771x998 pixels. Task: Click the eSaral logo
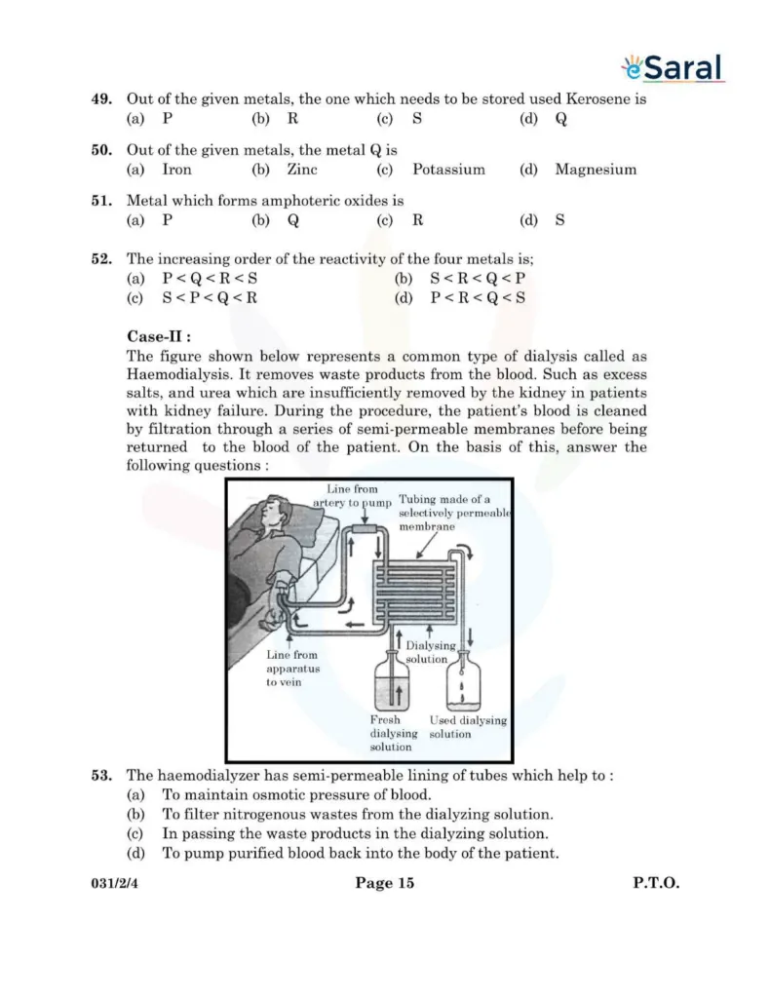(673, 67)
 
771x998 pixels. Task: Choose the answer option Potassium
(447, 170)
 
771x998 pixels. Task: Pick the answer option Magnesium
(595, 170)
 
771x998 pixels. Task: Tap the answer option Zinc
(302, 170)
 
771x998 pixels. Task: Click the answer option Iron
(176, 170)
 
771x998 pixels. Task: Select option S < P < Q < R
(210, 299)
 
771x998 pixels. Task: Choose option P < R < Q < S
(478, 299)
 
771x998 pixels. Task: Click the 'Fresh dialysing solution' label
(393, 733)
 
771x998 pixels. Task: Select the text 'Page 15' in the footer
(384, 884)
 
